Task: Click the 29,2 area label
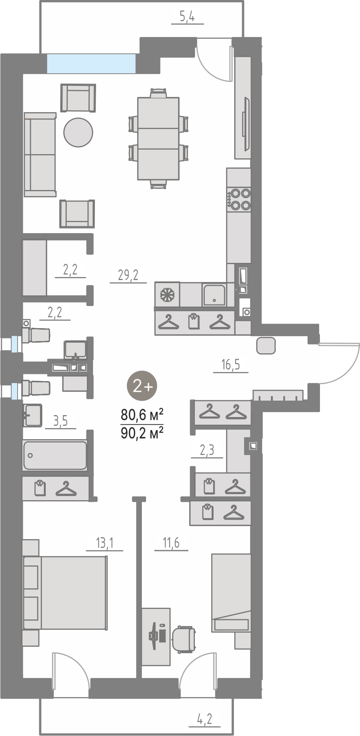pos(128,275)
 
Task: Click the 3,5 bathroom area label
pos(60,421)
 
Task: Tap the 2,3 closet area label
pos(207,451)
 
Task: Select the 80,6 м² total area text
pos(142,414)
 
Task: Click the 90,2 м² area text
pos(142,433)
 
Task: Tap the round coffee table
pos(78,132)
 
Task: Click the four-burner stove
pos(239,199)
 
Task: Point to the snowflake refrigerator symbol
pos(167,294)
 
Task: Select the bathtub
pos(55,455)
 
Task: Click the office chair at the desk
pos(183,639)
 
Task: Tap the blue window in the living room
pos(91,63)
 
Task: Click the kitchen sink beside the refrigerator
pos(214,295)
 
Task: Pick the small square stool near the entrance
pos(266,346)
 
